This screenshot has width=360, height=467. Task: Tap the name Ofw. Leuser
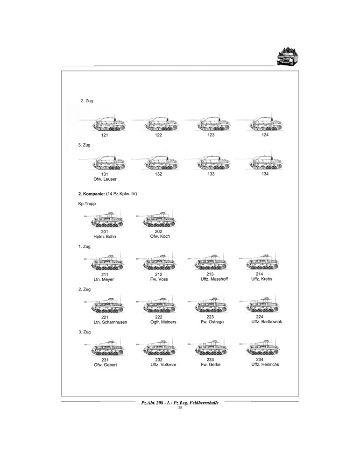coord(105,179)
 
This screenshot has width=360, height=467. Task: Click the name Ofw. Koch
coord(159,236)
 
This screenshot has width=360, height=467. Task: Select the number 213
coord(210,274)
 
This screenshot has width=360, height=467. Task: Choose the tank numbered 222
coord(156,306)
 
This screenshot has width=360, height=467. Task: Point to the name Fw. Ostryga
coord(210,322)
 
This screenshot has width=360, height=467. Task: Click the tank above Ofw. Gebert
coord(105,349)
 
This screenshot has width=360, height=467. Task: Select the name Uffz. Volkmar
coord(159,365)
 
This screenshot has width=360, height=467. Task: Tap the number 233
coord(210,360)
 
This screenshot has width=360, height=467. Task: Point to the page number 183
coord(180,408)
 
